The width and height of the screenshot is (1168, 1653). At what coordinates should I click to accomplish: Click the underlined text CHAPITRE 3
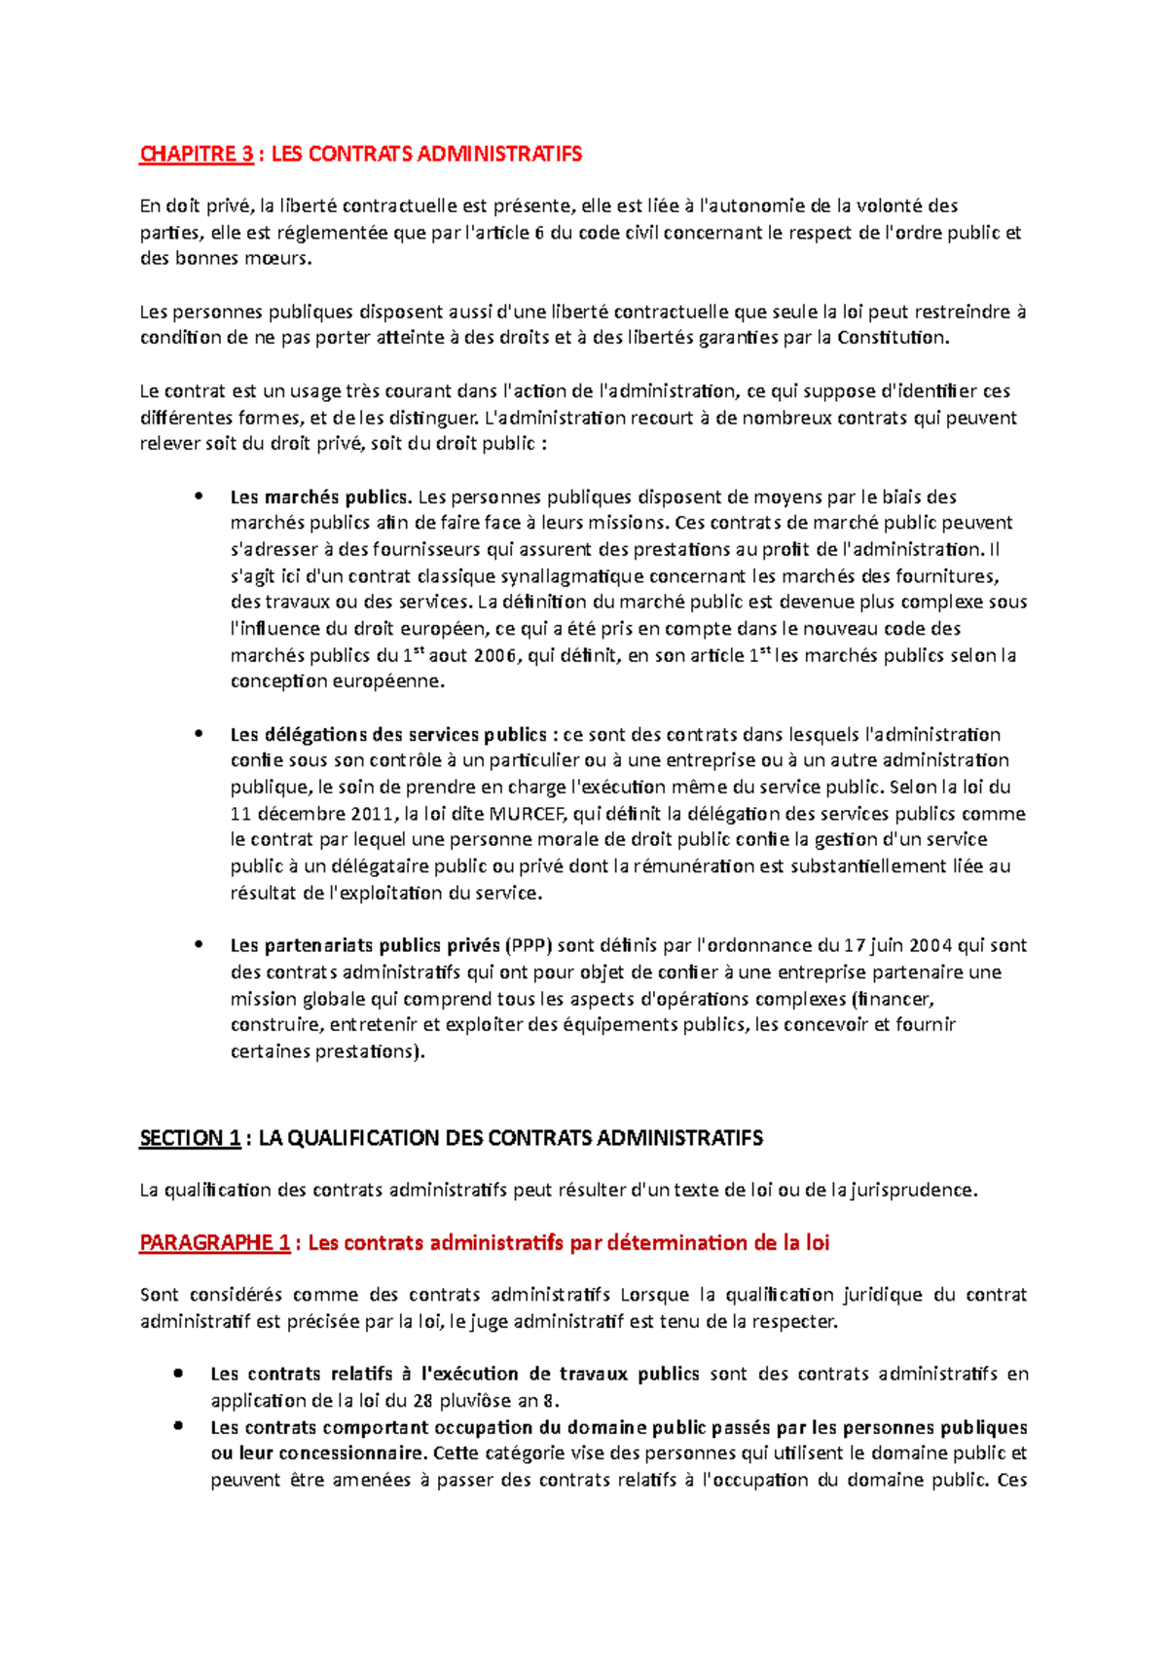[x=197, y=154]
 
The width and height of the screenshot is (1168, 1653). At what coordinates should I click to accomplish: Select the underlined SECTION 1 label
[x=190, y=1138]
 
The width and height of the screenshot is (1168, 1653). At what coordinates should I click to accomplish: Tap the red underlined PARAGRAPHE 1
[x=214, y=1243]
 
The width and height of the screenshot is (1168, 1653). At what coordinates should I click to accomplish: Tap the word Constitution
[x=892, y=338]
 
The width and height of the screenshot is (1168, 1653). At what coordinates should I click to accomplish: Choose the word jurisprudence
[x=912, y=1190]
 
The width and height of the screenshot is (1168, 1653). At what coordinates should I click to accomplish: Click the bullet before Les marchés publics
[x=199, y=496]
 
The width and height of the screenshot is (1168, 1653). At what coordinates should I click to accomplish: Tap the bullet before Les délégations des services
[x=199, y=733]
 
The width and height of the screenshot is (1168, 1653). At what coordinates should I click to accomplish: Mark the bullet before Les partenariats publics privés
[x=199, y=943]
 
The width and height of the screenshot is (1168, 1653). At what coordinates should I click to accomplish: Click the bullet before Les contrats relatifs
[x=178, y=1374]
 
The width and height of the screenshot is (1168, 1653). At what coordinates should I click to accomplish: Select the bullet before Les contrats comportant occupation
[x=178, y=1426]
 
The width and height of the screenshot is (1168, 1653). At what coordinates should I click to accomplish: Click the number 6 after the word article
[x=539, y=233]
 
